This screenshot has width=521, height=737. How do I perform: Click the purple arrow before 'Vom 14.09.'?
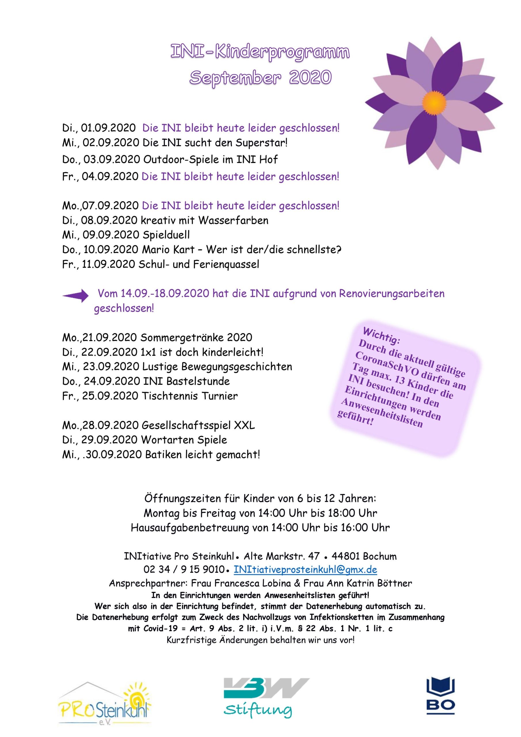[75, 295]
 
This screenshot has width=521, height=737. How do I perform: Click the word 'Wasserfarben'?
[233, 220]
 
